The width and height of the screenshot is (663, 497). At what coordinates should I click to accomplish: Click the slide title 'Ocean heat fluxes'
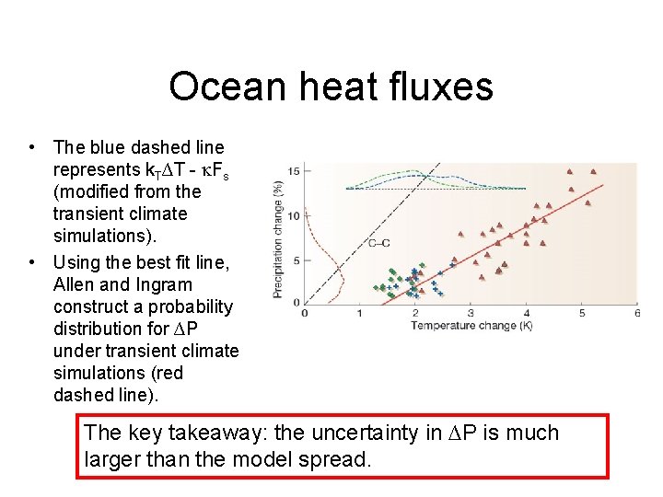(331, 87)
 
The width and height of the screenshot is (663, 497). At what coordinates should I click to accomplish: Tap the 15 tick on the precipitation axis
(293, 171)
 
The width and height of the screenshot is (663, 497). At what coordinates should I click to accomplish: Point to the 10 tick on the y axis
(293, 215)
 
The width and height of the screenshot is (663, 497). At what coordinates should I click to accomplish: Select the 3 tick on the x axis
(471, 314)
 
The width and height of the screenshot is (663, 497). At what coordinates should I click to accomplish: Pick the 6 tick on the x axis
(636, 314)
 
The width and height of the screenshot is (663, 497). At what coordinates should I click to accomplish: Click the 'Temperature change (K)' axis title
(471, 325)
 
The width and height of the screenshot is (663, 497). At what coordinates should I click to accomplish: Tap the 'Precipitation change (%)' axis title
(277, 237)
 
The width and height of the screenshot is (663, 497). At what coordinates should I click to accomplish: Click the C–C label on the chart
(378, 243)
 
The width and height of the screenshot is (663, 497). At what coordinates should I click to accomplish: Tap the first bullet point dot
(32, 147)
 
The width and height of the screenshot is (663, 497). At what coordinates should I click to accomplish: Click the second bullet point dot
(32, 262)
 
